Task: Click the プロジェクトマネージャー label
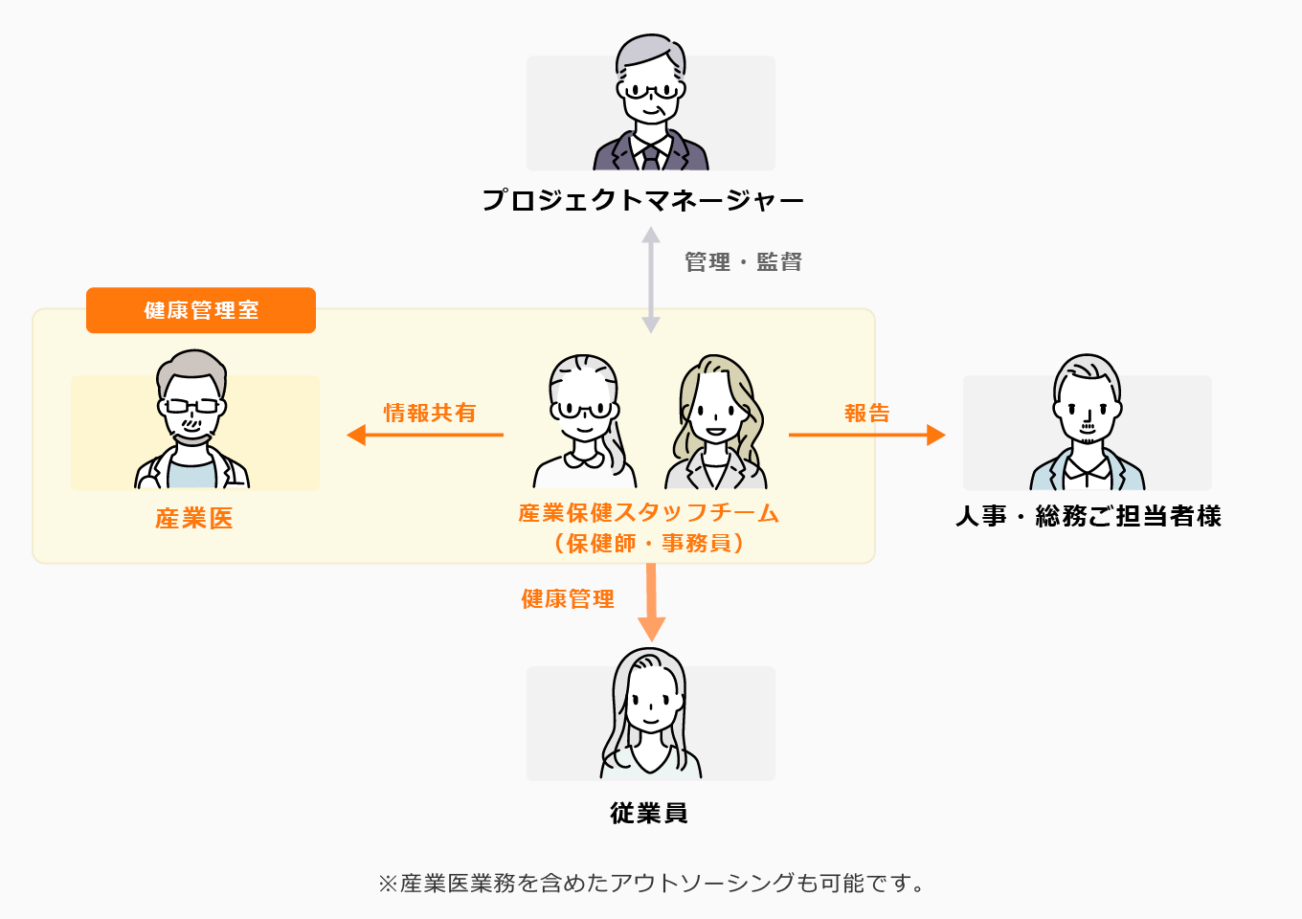click(x=642, y=200)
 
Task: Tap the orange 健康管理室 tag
click(x=201, y=310)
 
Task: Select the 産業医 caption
click(x=194, y=519)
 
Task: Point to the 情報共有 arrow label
click(x=430, y=413)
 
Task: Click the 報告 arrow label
click(x=867, y=413)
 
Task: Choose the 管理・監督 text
click(x=743, y=262)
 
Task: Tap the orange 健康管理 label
click(x=568, y=599)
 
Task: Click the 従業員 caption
click(x=649, y=813)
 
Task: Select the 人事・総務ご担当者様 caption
click(x=1089, y=516)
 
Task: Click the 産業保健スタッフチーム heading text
click(x=648, y=513)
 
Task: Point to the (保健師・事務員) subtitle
click(x=648, y=544)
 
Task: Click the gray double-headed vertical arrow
click(x=651, y=280)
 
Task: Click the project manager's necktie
click(x=651, y=156)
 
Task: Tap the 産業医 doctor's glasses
click(x=191, y=406)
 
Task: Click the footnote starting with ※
click(x=651, y=883)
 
